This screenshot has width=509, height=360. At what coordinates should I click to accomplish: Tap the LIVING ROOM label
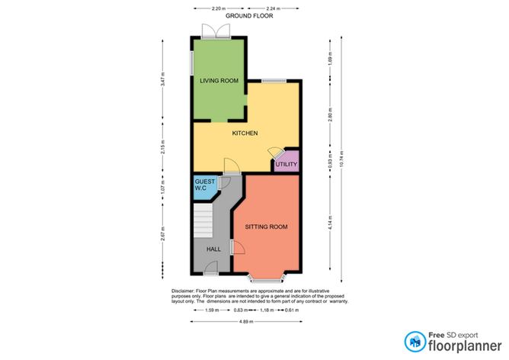[x=219, y=80]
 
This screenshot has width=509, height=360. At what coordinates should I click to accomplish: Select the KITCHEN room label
[x=245, y=133]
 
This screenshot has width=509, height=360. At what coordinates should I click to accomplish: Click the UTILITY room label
[x=286, y=164]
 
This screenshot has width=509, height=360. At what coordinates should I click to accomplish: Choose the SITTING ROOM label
[x=266, y=227]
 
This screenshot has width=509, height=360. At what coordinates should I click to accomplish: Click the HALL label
[x=214, y=249]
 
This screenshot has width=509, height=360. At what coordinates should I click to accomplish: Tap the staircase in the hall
[x=201, y=223]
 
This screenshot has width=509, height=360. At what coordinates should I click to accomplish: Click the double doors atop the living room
[x=217, y=30]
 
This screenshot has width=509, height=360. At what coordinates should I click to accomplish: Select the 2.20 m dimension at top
[x=197, y=8]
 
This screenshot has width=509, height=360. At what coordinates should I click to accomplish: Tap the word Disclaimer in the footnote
[x=185, y=291]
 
